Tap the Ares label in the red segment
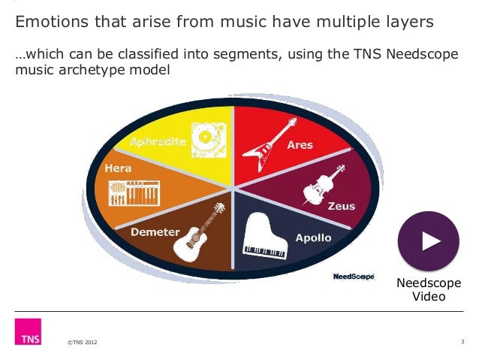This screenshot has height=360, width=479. pos(300,144)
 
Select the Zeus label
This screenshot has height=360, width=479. pos(342,205)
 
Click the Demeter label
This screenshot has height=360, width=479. pos(154,232)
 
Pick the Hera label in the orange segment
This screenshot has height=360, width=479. pos(118,169)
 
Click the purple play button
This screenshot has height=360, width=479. pos(428,241)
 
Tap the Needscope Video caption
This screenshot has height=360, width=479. pos(429,289)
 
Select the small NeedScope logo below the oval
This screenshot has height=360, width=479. pos(353,277)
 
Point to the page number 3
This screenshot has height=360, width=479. pos(462,343)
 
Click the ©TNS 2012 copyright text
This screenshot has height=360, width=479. pos(82,343)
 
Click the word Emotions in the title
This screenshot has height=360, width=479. pos(50,23)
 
